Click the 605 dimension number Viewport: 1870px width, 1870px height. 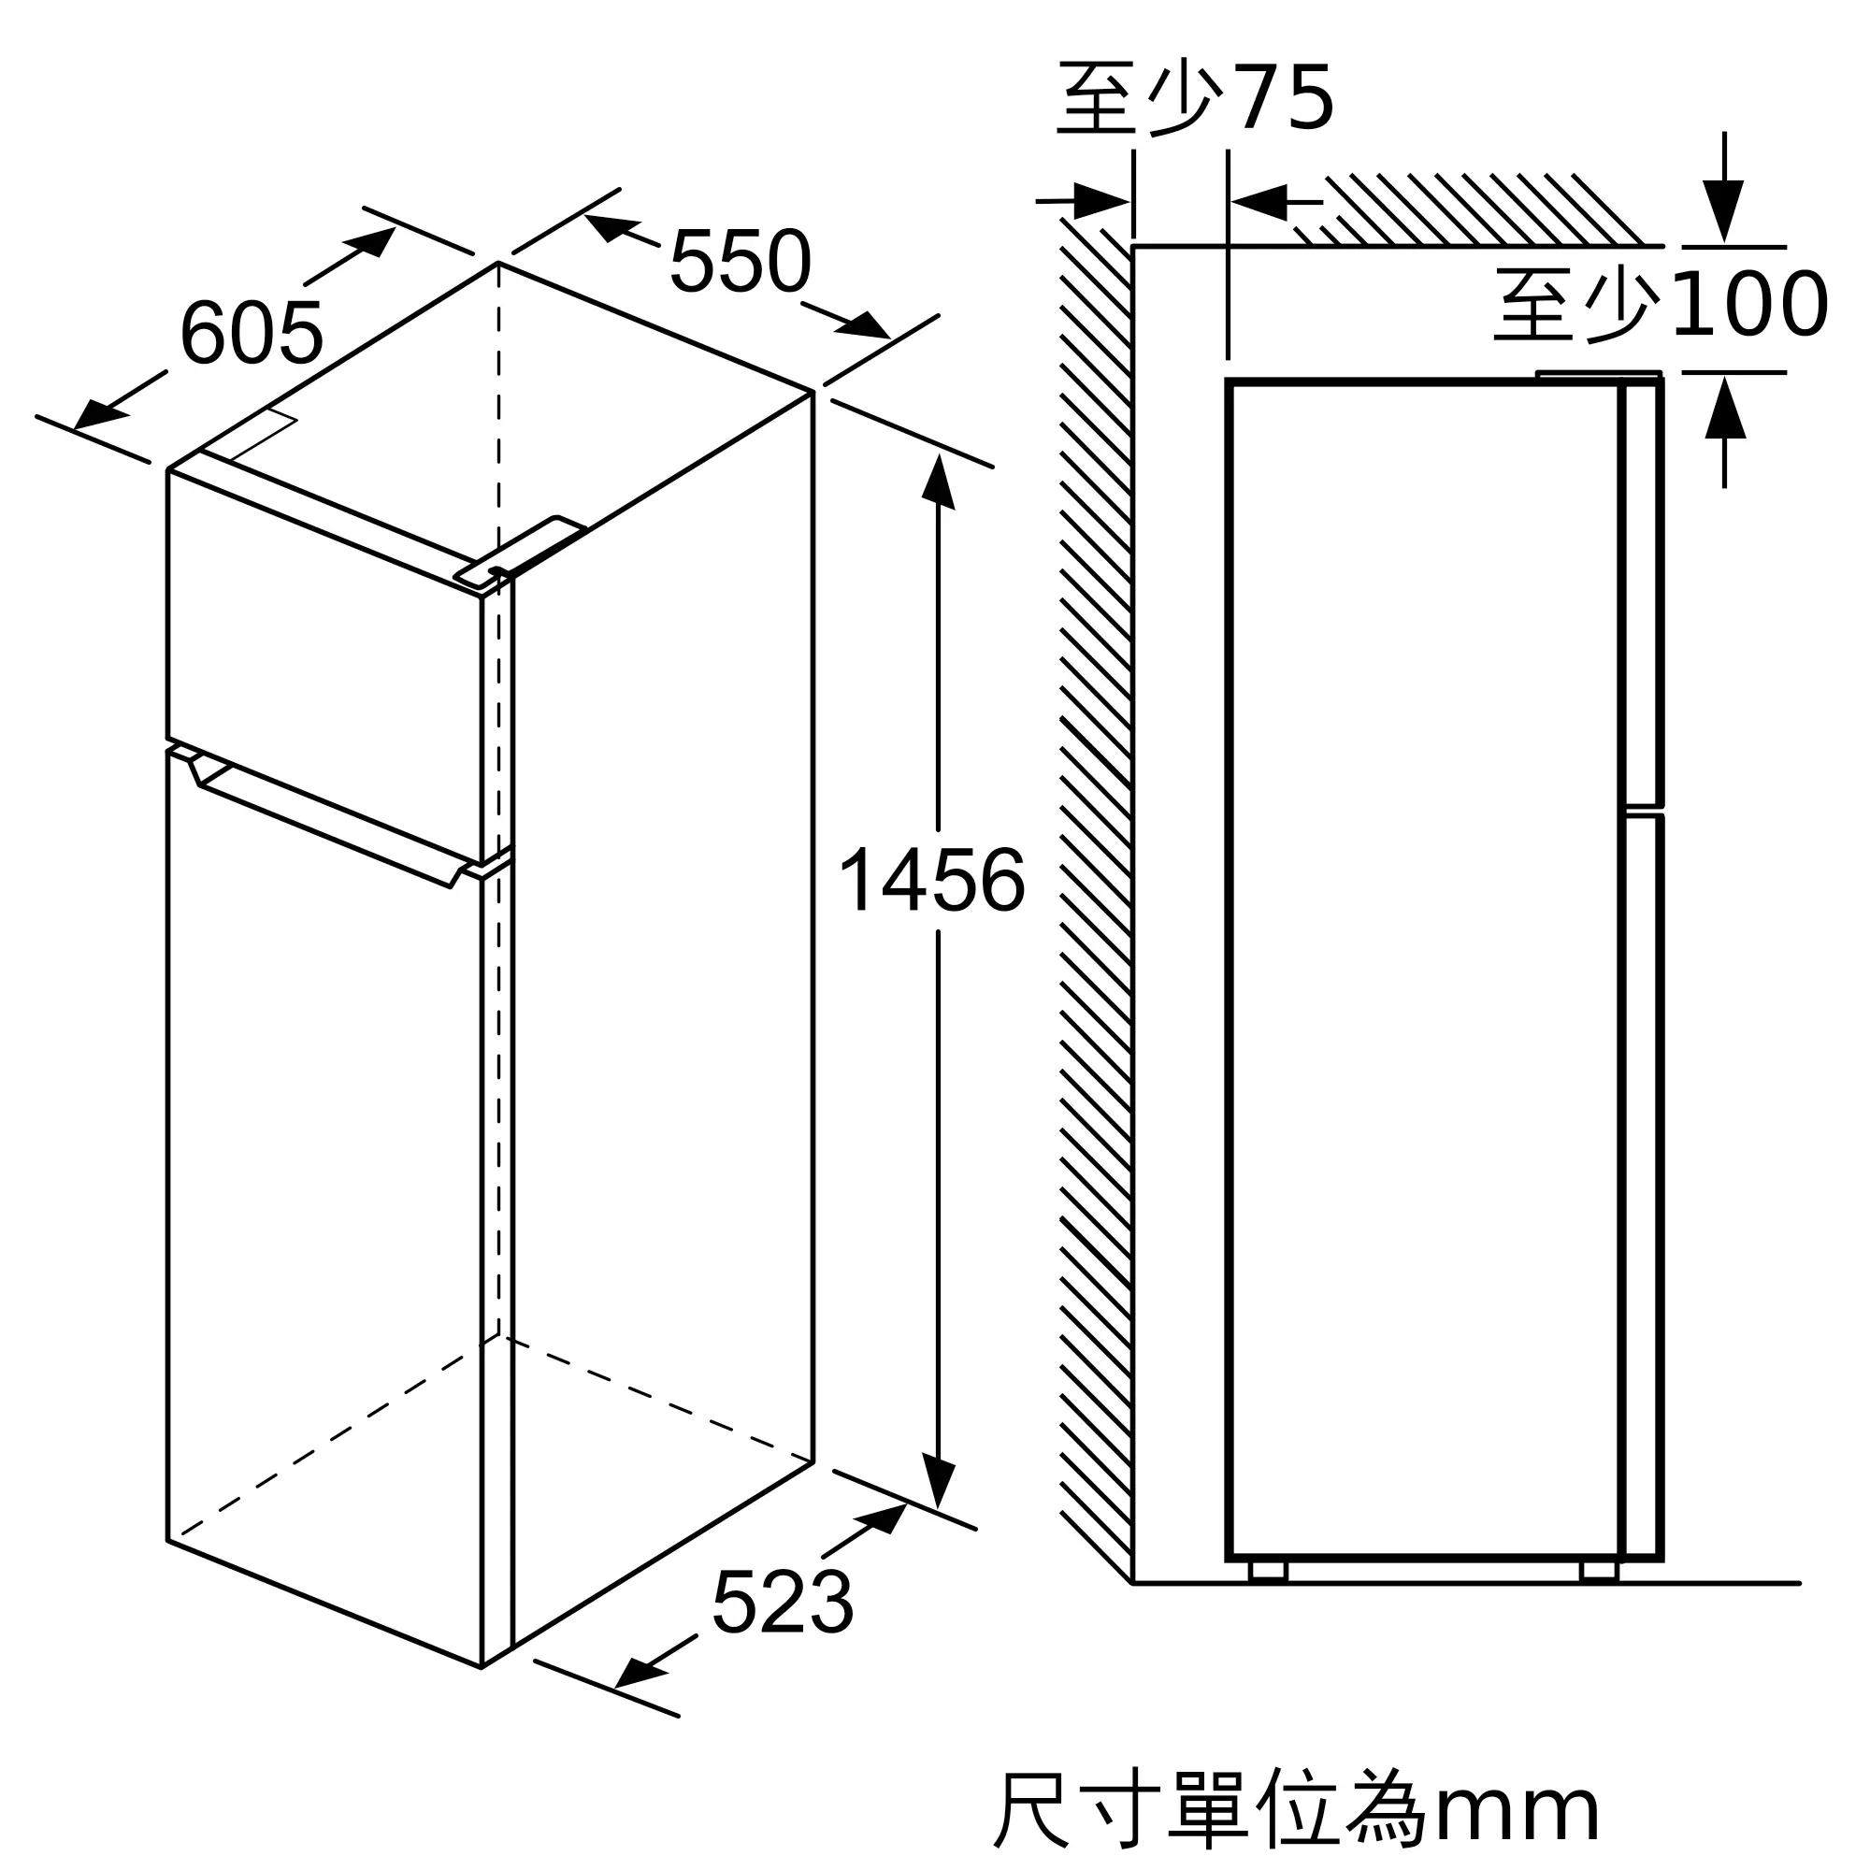click(x=252, y=333)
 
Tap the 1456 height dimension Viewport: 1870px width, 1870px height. click(x=932, y=880)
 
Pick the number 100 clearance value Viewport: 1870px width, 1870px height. click(x=1750, y=304)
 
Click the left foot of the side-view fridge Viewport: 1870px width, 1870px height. click(x=1268, y=1572)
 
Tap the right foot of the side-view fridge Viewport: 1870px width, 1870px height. click(x=1599, y=1572)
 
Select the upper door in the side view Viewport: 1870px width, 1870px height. click(x=1643, y=593)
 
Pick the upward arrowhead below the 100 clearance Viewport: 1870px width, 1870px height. click(x=1725, y=407)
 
